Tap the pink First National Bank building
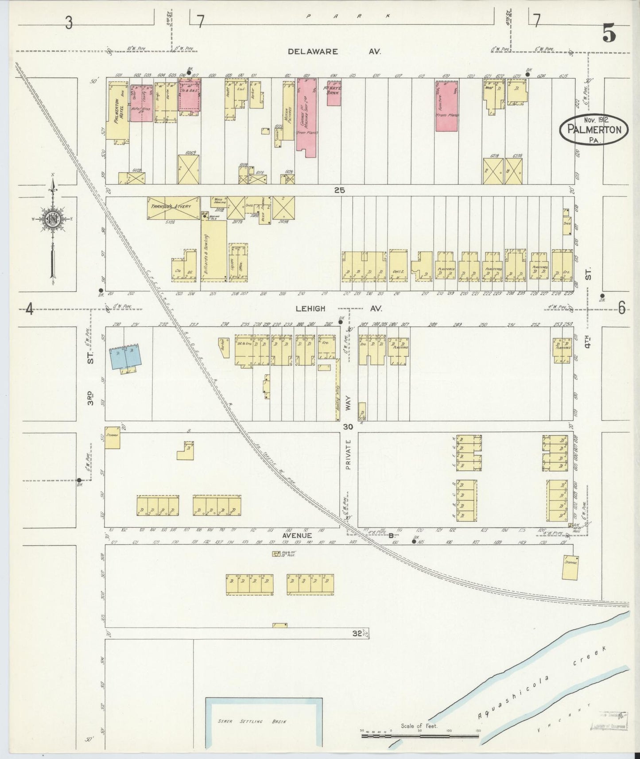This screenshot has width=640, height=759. click(334, 93)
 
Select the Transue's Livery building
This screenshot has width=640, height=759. click(174, 208)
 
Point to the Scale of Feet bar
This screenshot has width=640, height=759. click(419, 736)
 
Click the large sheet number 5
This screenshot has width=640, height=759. click(609, 34)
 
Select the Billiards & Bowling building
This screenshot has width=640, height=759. click(213, 251)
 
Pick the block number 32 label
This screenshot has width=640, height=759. click(357, 633)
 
